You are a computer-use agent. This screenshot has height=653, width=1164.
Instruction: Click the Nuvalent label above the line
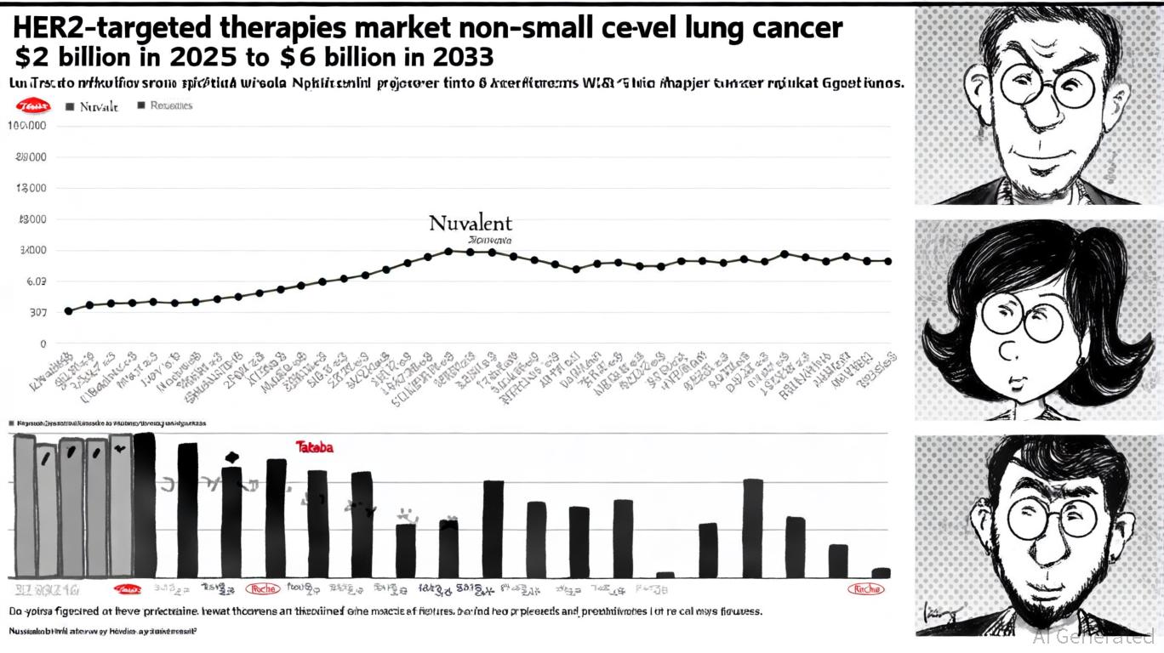coord(471,224)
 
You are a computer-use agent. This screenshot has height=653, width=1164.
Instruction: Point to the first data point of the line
coord(68,311)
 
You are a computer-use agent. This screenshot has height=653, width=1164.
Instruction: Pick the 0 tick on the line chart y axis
coord(40,344)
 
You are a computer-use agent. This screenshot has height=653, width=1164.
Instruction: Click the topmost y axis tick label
coord(26,126)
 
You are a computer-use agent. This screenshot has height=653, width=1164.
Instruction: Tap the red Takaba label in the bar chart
coord(314,446)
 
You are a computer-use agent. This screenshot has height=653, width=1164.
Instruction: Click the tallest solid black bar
coord(145,505)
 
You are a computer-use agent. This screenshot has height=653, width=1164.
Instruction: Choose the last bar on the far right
coord(882,572)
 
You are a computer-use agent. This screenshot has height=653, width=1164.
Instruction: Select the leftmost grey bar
coord(25,505)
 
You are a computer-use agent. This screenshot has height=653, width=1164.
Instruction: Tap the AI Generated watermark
coord(1093,638)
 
